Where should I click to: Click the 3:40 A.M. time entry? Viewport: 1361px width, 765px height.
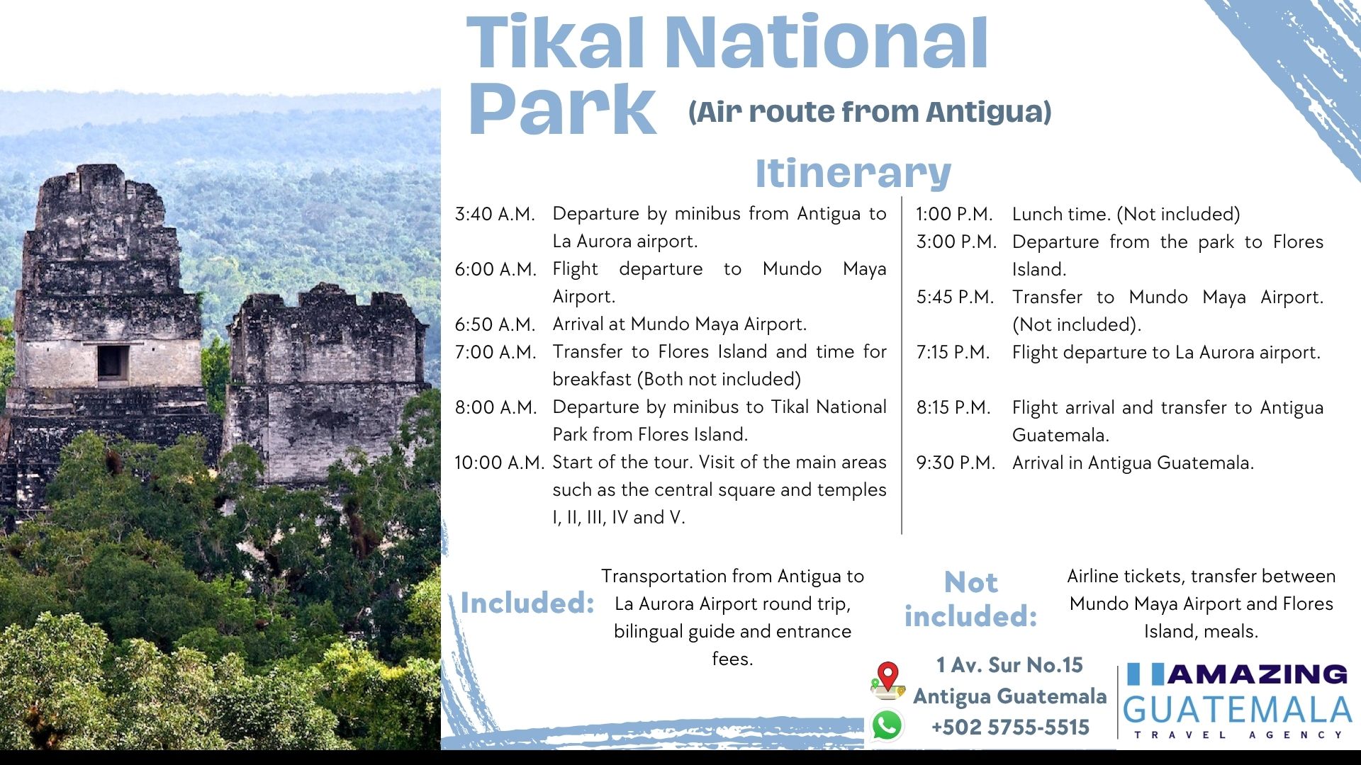click(x=495, y=214)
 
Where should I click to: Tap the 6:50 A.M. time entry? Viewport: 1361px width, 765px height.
click(x=495, y=324)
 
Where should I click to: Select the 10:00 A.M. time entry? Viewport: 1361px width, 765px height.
click(x=499, y=463)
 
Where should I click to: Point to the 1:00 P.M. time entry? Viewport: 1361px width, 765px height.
click(x=954, y=214)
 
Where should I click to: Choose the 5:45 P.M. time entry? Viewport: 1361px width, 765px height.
click(x=955, y=297)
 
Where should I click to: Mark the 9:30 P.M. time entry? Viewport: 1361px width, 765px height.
click(x=956, y=463)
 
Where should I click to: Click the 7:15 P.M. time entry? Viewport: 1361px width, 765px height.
click(x=953, y=352)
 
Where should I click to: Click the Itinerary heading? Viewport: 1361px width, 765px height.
click(x=853, y=173)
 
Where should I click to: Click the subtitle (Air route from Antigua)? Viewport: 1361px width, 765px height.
click(x=870, y=112)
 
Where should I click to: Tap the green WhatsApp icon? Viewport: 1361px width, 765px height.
click(x=887, y=725)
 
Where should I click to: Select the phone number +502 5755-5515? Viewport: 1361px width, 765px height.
click(x=1010, y=727)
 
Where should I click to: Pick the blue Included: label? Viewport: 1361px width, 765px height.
click(x=527, y=603)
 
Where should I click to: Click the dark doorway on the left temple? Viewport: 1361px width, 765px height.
click(x=113, y=363)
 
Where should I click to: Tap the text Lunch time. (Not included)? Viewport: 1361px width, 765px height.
click(x=1126, y=214)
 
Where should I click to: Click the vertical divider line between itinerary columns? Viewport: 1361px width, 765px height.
click(x=902, y=365)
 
